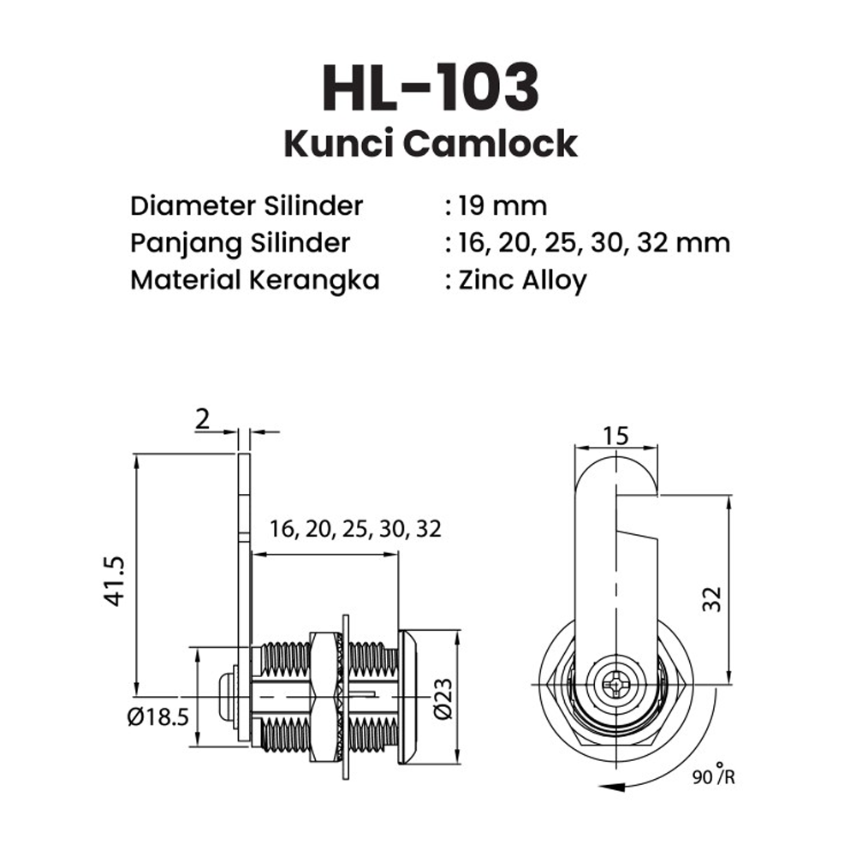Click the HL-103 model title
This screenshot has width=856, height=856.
coord(431,86)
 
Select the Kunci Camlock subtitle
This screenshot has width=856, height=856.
coord(431,144)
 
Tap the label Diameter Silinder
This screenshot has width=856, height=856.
coord(247,206)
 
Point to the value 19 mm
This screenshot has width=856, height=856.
coord(500,206)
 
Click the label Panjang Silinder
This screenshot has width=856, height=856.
coord(240,243)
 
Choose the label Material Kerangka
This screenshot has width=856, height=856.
coord(254,280)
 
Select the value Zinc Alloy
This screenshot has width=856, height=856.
coord(520,281)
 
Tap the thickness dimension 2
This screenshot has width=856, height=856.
coord(202,419)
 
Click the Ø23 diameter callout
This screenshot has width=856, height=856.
coord(442,700)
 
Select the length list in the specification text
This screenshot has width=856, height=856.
coord(594,243)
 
